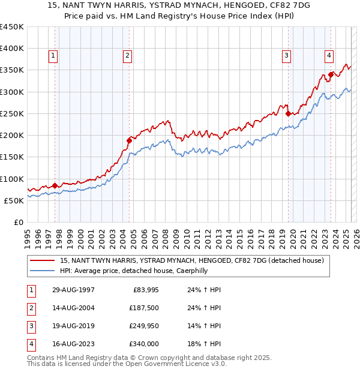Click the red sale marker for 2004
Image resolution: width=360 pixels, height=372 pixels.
(x=129, y=140)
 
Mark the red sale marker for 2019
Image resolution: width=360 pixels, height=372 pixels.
(x=288, y=113)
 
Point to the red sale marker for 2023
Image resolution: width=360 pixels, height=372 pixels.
(x=331, y=74)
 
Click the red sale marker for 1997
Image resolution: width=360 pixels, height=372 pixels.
(x=55, y=185)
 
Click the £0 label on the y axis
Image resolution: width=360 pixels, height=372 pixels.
(x=19, y=222)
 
